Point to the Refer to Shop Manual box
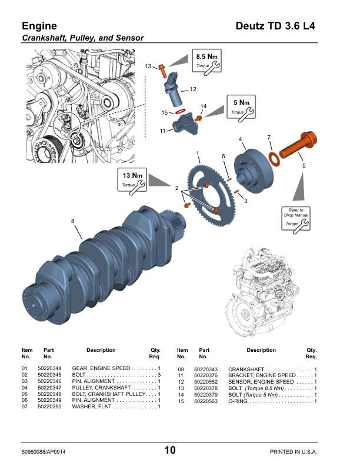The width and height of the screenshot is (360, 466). pyautogui.click(x=296, y=217)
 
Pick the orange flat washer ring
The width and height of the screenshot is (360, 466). pyautogui.click(x=274, y=158)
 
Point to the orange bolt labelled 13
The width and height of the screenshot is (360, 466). pyautogui.click(x=162, y=71)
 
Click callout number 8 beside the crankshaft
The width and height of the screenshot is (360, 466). pyautogui.click(x=73, y=221)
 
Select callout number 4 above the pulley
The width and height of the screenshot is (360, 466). pyautogui.click(x=241, y=139)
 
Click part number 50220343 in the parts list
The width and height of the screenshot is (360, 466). pyautogui.click(x=205, y=368)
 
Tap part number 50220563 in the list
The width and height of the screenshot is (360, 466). pyautogui.click(x=205, y=401)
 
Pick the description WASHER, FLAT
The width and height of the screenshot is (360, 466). pyautogui.click(x=92, y=407)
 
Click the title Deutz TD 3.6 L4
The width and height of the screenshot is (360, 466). pyautogui.click(x=275, y=26)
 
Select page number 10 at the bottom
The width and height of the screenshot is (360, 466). pyautogui.click(x=170, y=451)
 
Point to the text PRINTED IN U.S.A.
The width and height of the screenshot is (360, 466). pyautogui.click(x=293, y=451)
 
